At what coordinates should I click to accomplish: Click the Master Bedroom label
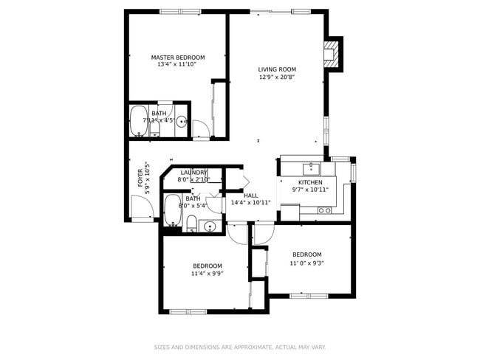[178, 57]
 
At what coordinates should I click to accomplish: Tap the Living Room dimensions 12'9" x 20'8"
[277, 77]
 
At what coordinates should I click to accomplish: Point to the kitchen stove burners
[323, 210]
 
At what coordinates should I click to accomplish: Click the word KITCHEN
[310, 182]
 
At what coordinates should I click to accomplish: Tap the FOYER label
[140, 179]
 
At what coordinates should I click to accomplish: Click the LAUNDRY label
[194, 172]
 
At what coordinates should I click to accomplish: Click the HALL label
[251, 195]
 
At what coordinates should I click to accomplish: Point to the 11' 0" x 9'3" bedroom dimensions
[306, 263]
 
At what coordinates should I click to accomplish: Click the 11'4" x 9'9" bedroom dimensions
[208, 273]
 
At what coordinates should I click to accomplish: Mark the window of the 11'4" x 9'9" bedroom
[188, 311]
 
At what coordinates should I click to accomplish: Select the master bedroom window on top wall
[180, 11]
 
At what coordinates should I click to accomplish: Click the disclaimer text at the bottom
[239, 347]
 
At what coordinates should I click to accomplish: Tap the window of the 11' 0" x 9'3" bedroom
[309, 296]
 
